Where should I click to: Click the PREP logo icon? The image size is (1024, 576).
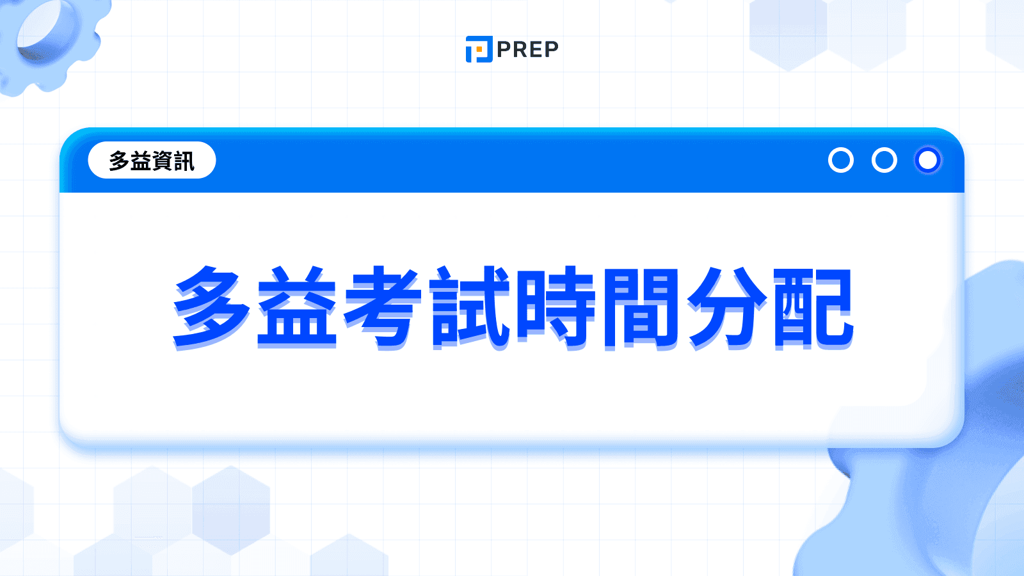coord(479,49)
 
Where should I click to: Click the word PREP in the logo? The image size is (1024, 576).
coord(527,49)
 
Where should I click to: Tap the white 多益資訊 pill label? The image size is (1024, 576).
coord(152,160)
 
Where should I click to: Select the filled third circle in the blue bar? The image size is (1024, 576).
coord(927,160)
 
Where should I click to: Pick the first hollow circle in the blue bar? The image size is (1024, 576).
coord(840,160)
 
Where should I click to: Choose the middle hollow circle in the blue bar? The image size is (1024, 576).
coord(884,160)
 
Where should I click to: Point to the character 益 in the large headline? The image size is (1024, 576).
coord(297,307)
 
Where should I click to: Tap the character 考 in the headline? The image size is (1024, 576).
coord(383,307)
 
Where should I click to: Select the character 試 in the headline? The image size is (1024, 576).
coord(470,307)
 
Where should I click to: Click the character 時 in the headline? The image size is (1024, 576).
coord(556,307)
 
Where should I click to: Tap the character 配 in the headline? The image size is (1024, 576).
coord(813,307)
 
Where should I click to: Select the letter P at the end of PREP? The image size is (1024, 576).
coord(550,49)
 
